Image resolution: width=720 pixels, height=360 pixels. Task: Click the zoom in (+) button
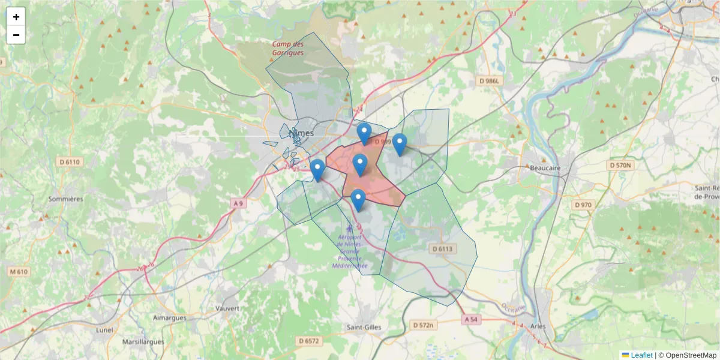click(16, 17)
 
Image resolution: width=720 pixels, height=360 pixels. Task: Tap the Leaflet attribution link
click(641, 355)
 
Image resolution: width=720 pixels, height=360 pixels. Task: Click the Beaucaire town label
click(545, 168)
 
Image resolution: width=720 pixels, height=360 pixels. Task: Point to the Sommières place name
click(65, 199)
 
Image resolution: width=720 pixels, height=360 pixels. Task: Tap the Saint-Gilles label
click(364, 327)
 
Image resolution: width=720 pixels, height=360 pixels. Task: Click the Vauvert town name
click(227, 308)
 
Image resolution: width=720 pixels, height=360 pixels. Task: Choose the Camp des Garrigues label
click(288, 48)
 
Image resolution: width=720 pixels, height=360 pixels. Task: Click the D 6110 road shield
click(70, 162)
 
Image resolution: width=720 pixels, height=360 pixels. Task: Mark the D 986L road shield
click(489, 80)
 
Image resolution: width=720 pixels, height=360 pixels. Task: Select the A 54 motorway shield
click(472, 320)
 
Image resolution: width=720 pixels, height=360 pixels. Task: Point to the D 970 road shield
click(582, 205)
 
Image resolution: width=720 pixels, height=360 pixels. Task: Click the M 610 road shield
click(19, 272)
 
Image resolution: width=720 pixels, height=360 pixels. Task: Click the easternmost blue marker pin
click(399, 145)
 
